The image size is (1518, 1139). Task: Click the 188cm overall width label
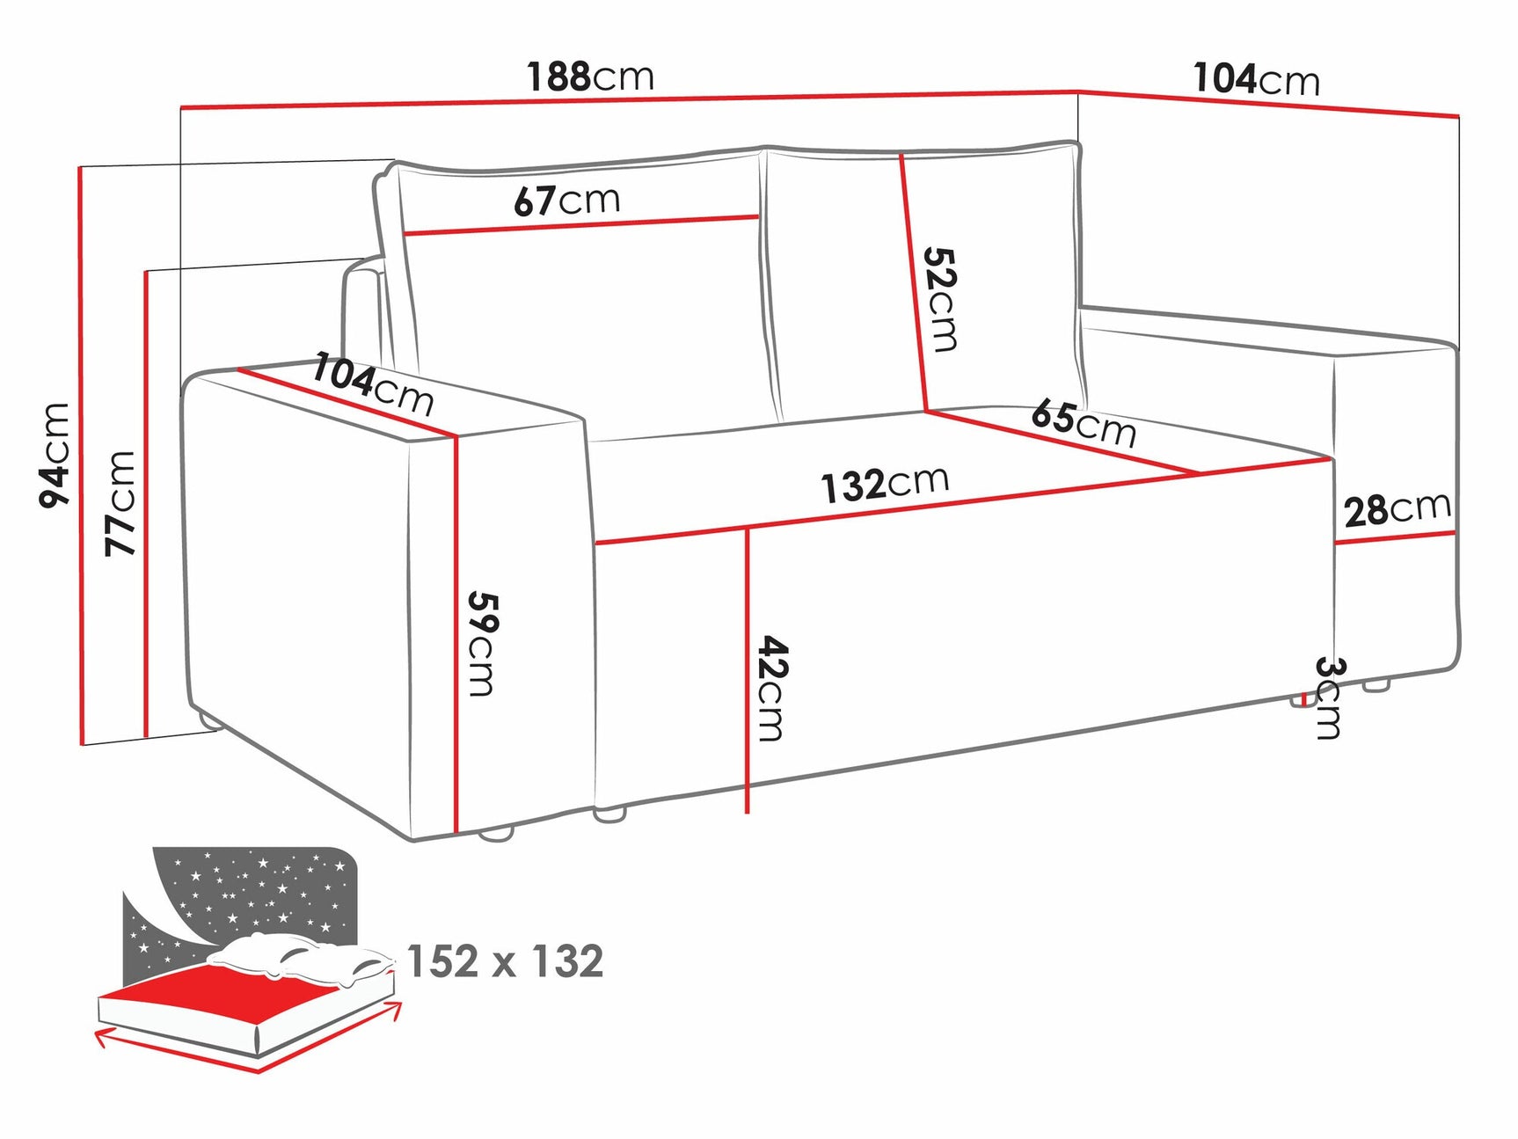(590, 77)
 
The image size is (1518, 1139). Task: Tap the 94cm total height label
(55, 455)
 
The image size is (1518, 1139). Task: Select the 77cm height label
(121, 502)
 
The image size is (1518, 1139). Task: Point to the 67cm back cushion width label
(567, 201)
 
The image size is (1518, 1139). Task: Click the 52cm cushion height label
(939, 299)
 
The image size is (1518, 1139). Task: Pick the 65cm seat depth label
(1083, 423)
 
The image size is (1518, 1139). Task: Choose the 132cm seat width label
(885, 484)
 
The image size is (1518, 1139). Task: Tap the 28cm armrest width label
(1397, 508)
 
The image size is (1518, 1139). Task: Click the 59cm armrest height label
(482, 643)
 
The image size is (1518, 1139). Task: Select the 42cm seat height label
(772, 688)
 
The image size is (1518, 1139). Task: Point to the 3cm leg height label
(1329, 697)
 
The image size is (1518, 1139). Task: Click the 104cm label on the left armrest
(373, 383)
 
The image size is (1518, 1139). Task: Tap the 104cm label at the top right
(1256, 79)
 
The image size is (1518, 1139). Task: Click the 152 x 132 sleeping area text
(505, 960)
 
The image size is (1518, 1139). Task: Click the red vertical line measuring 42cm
(747, 668)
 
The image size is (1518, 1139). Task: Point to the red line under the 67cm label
(580, 225)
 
